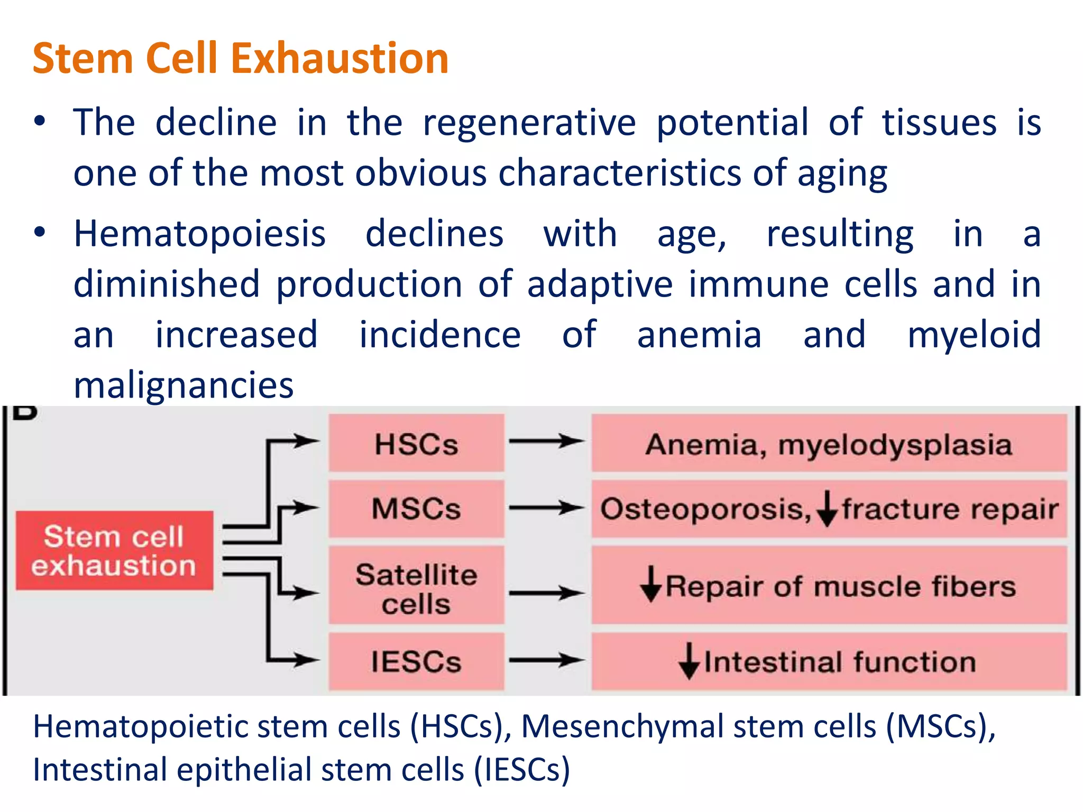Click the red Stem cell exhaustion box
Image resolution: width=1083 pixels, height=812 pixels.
114,550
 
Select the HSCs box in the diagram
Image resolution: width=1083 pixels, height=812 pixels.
416,443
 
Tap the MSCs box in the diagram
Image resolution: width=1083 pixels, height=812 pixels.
416,509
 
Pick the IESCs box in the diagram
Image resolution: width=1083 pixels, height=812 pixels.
416,661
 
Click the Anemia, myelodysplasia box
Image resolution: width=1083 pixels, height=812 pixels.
829,443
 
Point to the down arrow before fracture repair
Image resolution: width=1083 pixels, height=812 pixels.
827,509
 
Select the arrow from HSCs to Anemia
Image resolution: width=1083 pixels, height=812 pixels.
547,441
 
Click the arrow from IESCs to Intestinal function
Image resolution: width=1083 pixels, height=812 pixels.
547,660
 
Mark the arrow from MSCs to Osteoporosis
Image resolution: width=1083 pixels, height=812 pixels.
547,508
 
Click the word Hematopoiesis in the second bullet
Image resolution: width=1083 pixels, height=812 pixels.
199,234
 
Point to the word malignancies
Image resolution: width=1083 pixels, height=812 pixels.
183,385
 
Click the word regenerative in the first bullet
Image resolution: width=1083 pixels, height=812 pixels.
529,123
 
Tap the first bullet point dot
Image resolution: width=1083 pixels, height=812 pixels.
40,122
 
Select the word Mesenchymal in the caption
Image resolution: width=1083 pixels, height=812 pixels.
622,726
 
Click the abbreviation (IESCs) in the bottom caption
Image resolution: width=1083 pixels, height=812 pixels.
521,770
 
